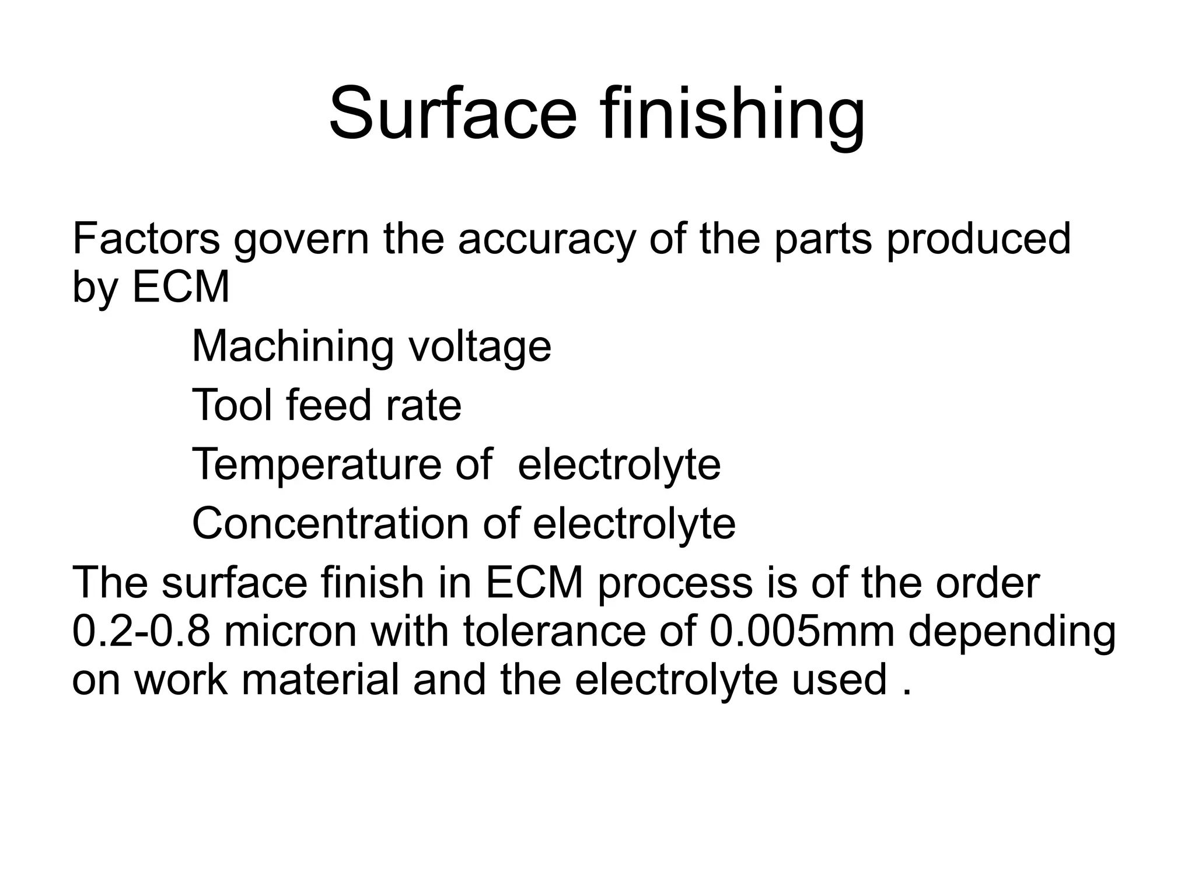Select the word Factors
(146, 239)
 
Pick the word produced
(979, 240)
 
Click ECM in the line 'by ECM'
(181, 287)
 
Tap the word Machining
(292, 348)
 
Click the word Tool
(232, 405)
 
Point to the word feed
(328, 405)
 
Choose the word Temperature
(316, 465)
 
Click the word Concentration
(330, 523)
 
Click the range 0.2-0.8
(141, 631)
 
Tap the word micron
(289, 631)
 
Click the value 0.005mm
(802, 631)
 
